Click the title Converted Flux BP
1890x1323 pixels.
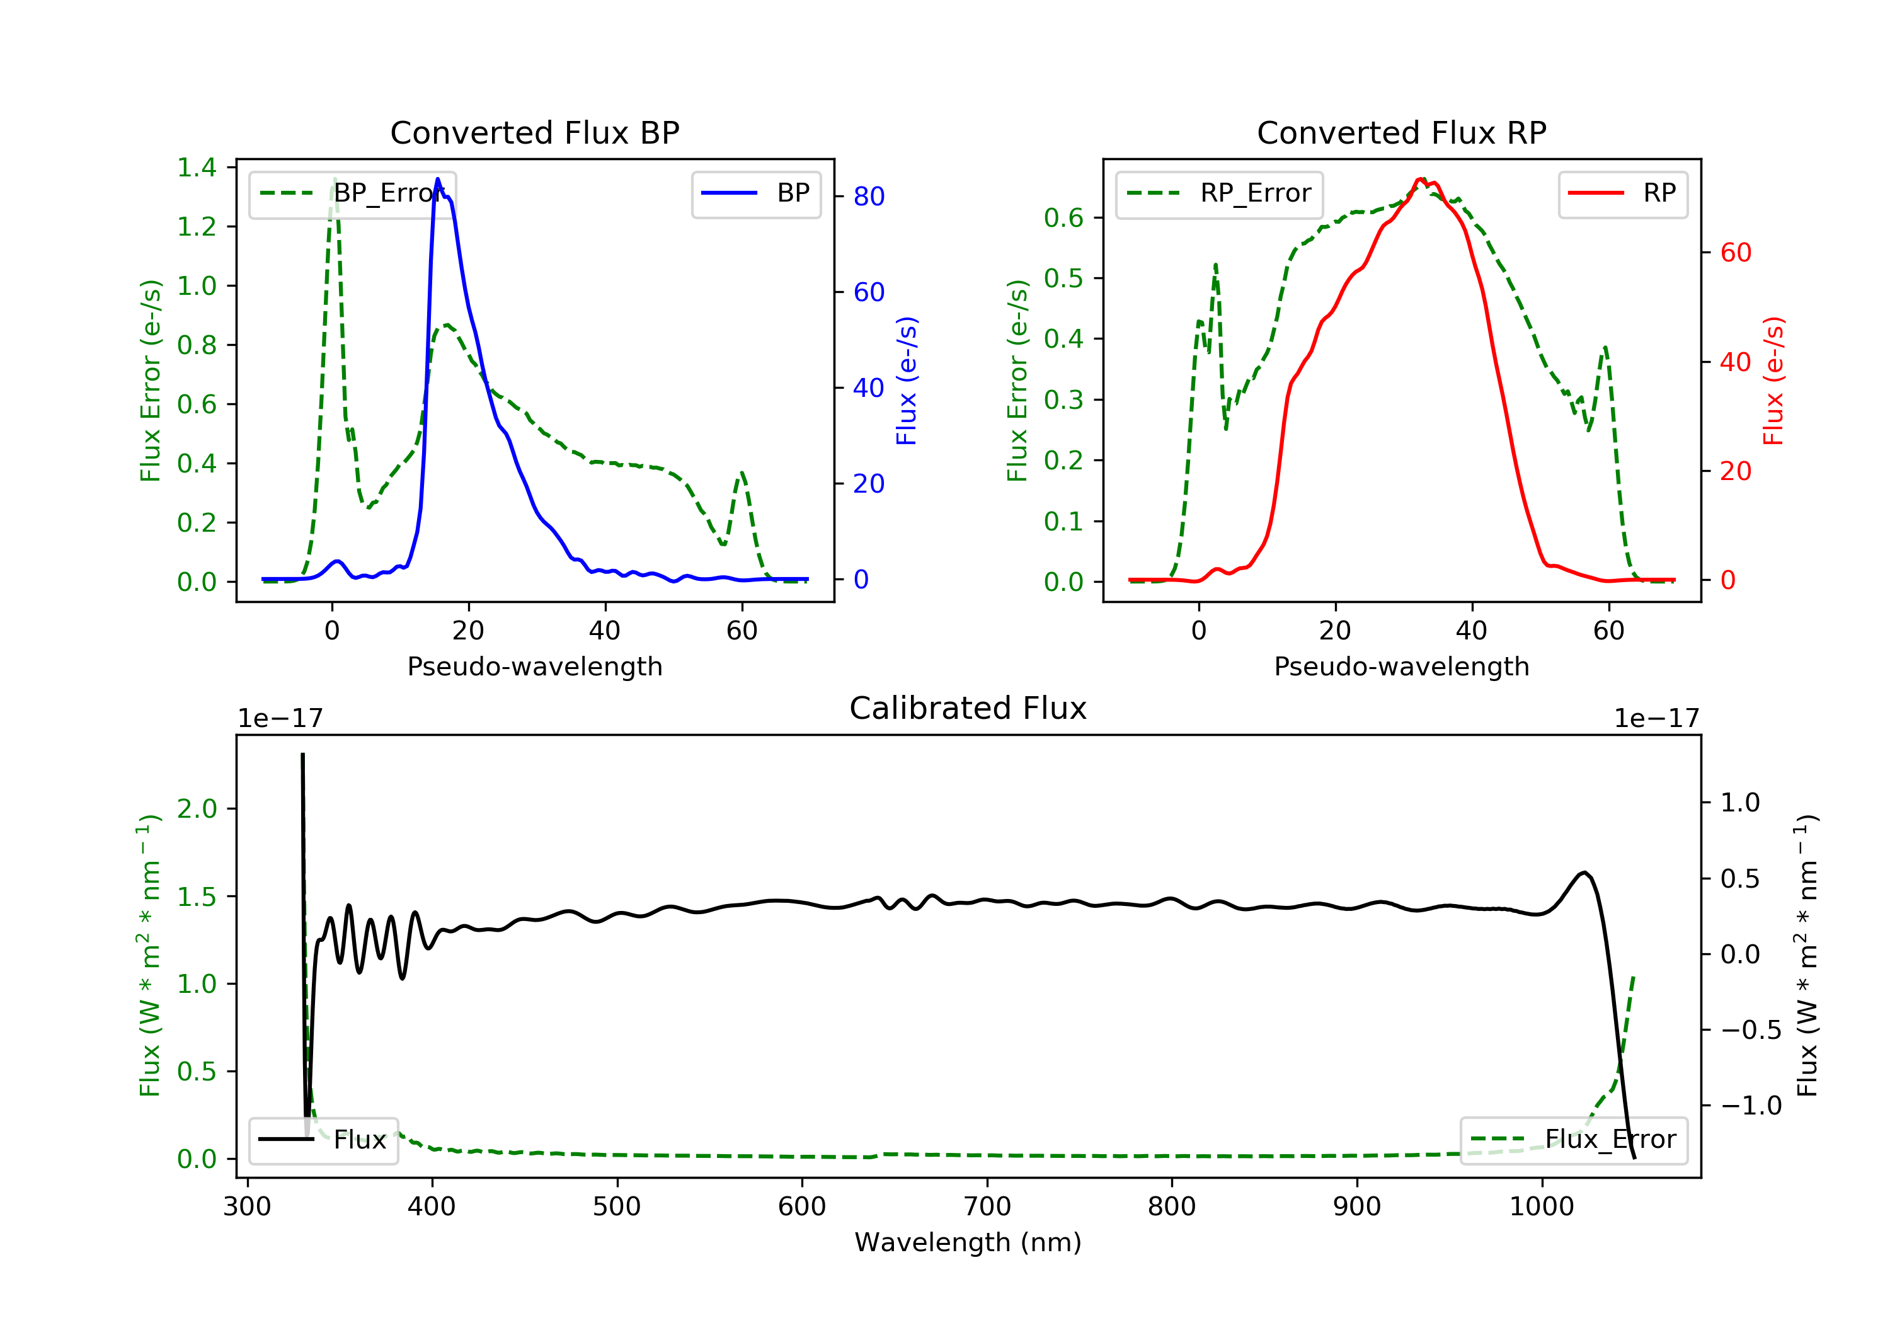[534, 132]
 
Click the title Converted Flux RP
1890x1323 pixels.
[1401, 132]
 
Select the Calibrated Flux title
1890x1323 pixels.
[968, 708]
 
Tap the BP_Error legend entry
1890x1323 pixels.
[352, 193]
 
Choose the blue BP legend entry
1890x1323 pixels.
[755, 193]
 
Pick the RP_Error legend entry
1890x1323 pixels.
[1219, 193]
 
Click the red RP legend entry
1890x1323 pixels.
[1622, 193]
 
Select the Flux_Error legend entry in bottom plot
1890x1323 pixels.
[1573, 1140]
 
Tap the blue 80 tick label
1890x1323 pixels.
[868, 196]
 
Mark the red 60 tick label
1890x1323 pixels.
[1736, 252]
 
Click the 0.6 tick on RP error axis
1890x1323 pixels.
[1063, 217]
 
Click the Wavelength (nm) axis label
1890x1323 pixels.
[968, 1242]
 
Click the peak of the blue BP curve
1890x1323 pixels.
[438, 179]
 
